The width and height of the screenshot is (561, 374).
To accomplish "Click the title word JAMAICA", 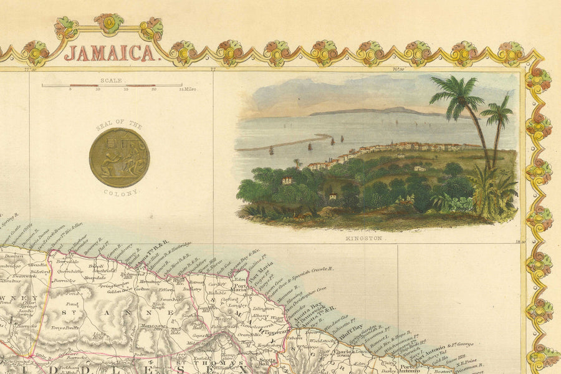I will tap(110, 53).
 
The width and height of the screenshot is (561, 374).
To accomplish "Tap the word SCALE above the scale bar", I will tap(112, 80).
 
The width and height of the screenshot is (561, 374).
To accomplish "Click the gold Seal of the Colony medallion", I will tap(119, 158).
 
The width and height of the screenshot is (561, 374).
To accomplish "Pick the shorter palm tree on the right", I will tap(497, 115).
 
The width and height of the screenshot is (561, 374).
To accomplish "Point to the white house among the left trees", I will tap(287, 180).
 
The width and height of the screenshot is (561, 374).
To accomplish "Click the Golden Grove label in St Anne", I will tap(119, 290).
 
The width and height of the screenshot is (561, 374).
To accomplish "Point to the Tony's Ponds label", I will tap(65, 327).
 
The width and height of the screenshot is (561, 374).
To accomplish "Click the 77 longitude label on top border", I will tap(213, 70).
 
